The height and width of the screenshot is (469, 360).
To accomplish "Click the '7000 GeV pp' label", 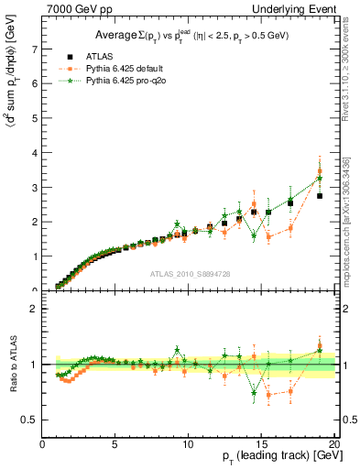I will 72,8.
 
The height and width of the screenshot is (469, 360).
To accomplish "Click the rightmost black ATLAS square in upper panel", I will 320,196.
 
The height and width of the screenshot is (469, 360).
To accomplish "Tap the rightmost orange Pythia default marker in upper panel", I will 320,171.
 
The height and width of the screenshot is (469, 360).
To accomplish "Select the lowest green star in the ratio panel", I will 254,393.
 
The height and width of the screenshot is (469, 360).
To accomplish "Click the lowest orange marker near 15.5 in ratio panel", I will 268,396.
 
